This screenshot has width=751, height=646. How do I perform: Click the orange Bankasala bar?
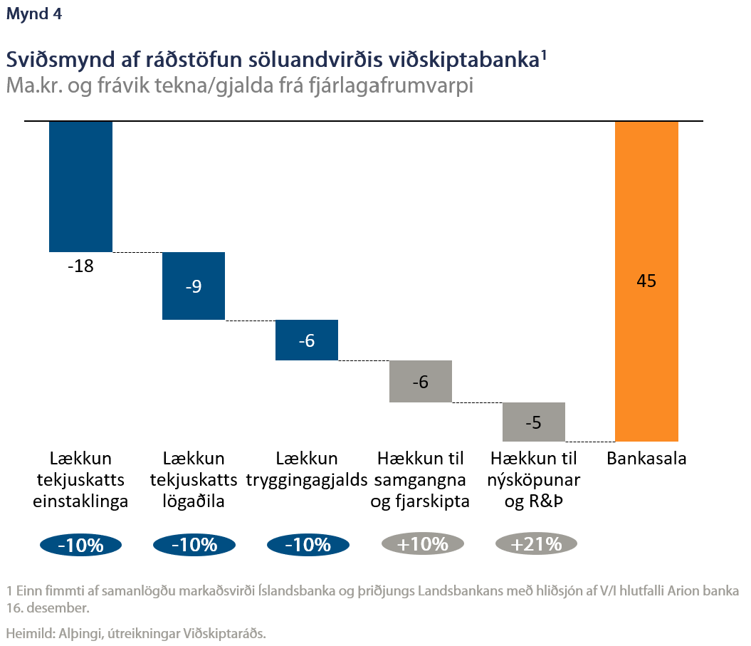(646, 214)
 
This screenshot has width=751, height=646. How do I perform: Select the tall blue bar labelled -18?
(80, 186)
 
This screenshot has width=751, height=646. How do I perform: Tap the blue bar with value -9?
(194, 286)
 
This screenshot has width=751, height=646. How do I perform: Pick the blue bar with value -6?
(306, 340)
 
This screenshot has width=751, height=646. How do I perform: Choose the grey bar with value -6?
(420, 382)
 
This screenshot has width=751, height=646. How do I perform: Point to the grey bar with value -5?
(533, 422)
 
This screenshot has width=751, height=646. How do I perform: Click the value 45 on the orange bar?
(646, 281)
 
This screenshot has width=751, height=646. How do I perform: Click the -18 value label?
(80, 267)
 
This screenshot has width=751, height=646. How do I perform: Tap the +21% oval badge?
(535, 544)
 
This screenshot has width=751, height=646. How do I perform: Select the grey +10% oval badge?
(423, 544)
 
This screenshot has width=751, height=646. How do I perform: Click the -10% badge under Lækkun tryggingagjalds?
(308, 545)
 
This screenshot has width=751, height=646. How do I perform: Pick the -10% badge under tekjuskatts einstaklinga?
(80, 545)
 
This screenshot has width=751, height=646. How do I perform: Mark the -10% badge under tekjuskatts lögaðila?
(194, 545)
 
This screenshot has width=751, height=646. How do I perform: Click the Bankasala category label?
(646, 459)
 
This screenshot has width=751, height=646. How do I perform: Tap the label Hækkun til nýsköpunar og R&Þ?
(533, 479)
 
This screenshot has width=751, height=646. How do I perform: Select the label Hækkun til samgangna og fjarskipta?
(420, 479)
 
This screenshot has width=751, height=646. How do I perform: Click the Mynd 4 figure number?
(33, 16)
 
